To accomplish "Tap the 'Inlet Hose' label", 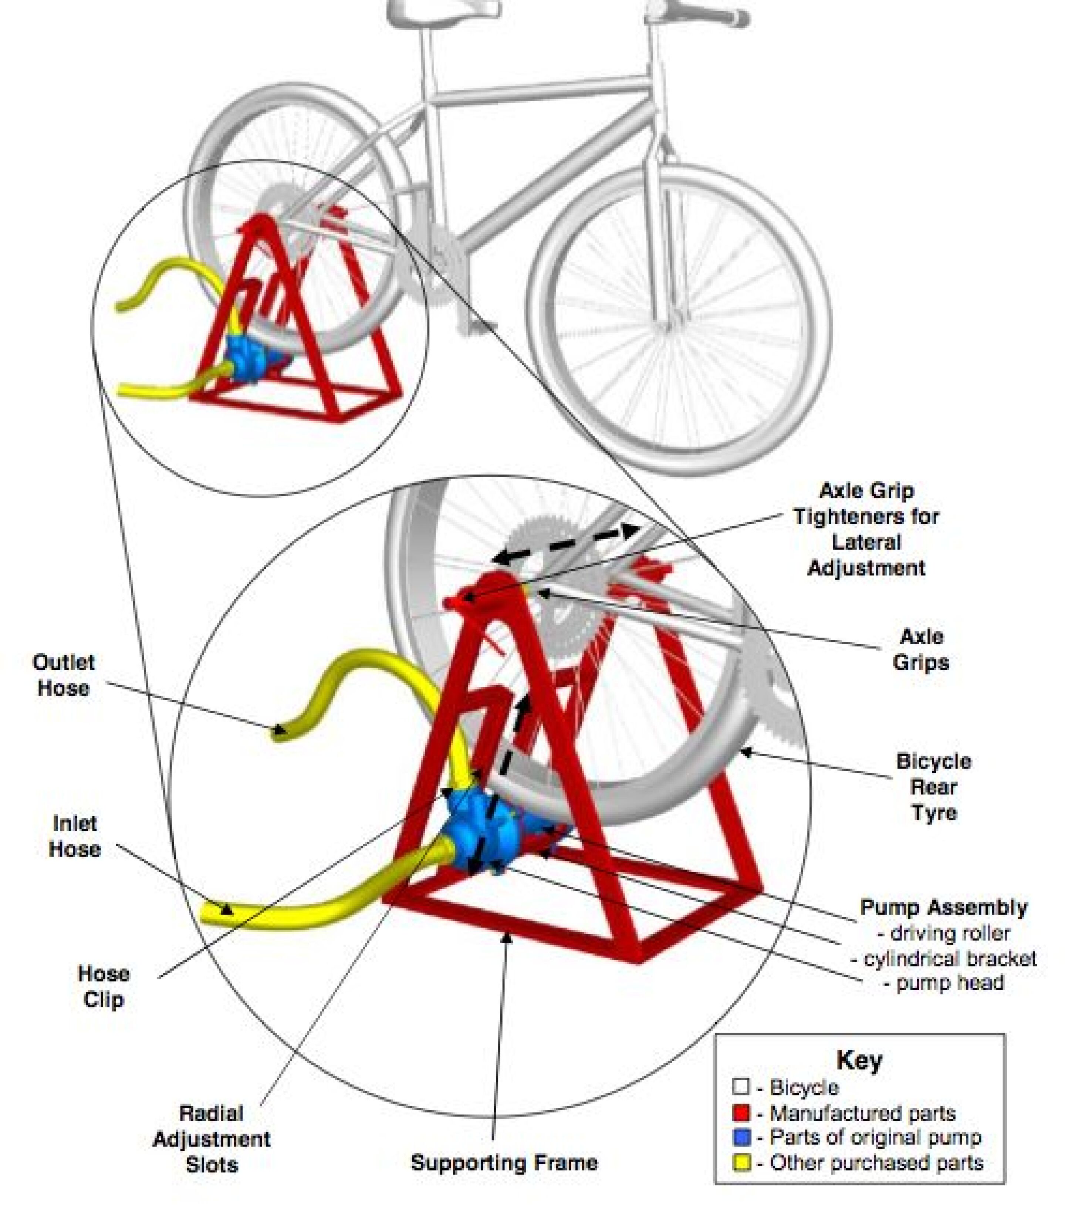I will click(x=74, y=836).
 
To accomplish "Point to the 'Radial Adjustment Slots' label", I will click(x=212, y=1139).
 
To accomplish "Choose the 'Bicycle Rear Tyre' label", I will click(x=933, y=787).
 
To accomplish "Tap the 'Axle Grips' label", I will click(x=921, y=649).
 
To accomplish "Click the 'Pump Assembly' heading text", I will click(x=944, y=907).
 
